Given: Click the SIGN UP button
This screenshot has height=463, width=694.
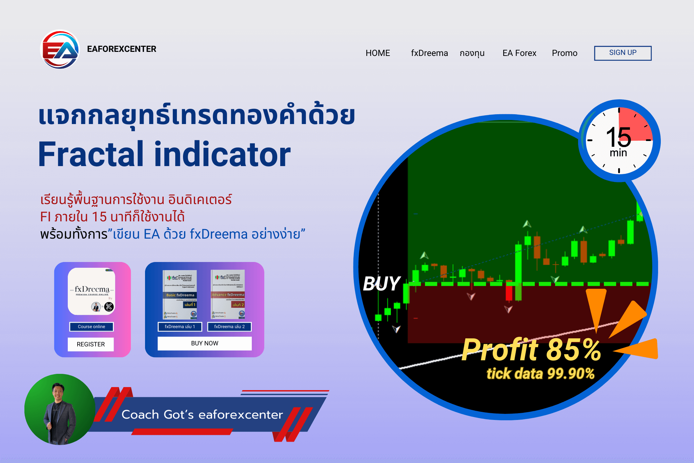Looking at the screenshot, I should pyautogui.click(x=622, y=53).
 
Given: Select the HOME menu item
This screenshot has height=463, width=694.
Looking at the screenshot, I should pyautogui.click(x=377, y=53).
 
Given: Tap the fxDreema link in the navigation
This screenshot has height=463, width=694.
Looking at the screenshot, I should pyautogui.click(x=429, y=53).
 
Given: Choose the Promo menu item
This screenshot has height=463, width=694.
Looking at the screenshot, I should pyautogui.click(x=564, y=53).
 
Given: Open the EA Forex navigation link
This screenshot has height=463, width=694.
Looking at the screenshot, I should pyautogui.click(x=519, y=53).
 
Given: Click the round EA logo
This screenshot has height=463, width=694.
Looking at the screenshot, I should pyautogui.click(x=60, y=49).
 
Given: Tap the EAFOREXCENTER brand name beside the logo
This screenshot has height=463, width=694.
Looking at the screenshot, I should pyautogui.click(x=122, y=49).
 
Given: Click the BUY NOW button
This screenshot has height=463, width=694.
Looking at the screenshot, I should pyautogui.click(x=204, y=343).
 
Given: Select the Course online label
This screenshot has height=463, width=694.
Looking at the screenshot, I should pyautogui.click(x=91, y=327).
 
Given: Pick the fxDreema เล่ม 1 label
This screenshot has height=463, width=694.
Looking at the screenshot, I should pyautogui.click(x=180, y=327).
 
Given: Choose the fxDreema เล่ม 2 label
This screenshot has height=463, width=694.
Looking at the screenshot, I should pyautogui.click(x=229, y=327).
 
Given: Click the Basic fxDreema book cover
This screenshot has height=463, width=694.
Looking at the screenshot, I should pyautogui.click(x=180, y=295).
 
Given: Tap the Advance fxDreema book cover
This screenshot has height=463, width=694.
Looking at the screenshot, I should pyautogui.click(x=228, y=295).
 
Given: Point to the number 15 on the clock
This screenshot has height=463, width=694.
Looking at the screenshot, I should pyautogui.click(x=618, y=137).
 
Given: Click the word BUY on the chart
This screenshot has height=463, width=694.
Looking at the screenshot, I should pyautogui.click(x=382, y=284).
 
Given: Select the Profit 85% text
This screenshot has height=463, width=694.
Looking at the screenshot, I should pyautogui.click(x=531, y=350).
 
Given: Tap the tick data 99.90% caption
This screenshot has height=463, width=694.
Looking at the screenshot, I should pyautogui.click(x=540, y=374).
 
